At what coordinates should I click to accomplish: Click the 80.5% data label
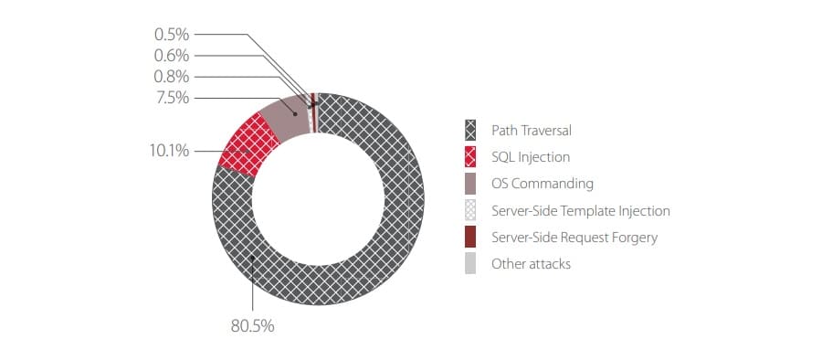click(x=252, y=326)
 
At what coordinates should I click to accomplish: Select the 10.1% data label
click(x=169, y=151)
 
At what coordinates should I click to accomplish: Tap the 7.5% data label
click(x=172, y=98)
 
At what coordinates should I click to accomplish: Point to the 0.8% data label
click(x=172, y=77)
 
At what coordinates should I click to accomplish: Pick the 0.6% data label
click(x=172, y=56)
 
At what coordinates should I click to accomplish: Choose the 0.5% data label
click(x=172, y=35)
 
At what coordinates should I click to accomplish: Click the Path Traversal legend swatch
click(x=470, y=130)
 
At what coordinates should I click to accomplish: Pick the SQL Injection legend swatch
click(x=470, y=157)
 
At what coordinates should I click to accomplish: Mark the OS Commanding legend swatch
click(x=470, y=184)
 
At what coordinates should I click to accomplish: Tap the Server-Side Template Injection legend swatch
click(x=470, y=210)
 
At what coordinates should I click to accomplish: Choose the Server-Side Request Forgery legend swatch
click(x=470, y=238)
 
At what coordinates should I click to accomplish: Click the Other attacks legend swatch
click(x=470, y=263)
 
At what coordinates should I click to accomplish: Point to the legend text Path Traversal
click(x=531, y=130)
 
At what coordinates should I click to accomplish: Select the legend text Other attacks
click(x=531, y=263)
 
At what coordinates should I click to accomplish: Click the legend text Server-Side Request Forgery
click(x=574, y=238)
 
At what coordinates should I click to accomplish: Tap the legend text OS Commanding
click(x=542, y=184)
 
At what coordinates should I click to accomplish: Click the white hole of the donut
click(x=318, y=199)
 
